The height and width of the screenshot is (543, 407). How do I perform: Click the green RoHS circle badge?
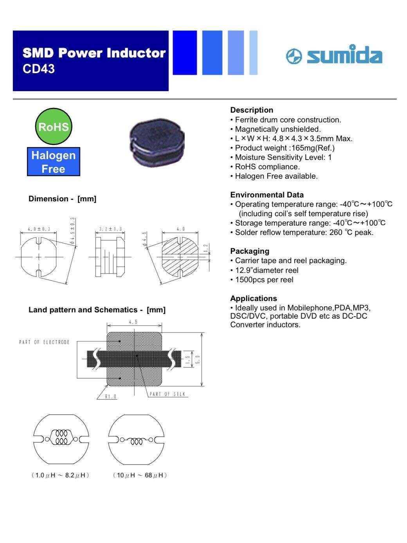(x=54, y=126)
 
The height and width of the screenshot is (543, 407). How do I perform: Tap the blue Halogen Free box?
(x=54, y=162)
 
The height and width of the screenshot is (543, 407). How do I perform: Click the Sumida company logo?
(x=334, y=55)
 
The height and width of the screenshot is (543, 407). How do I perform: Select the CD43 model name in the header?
(x=38, y=69)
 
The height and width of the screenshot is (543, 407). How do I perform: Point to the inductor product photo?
(x=157, y=142)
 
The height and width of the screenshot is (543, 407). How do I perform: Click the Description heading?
(x=252, y=110)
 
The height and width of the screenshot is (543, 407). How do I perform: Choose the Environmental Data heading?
(x=267, y=195)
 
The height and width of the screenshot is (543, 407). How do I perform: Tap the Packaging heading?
(x=250, y=251)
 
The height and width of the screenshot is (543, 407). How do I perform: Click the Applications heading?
(x=254, y=298)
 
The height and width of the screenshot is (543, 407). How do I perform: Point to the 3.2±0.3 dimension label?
(x=110, y=229)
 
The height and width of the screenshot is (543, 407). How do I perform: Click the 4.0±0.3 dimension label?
(x=39, y=229)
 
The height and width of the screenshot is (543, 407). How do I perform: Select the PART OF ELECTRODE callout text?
(x=44, y=342)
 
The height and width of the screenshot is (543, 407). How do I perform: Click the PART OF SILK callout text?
(x=167, y=394)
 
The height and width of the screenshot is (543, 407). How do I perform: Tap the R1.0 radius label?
(x=111, y=396)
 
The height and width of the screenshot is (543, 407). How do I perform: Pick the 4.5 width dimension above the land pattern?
(x=133, y=322)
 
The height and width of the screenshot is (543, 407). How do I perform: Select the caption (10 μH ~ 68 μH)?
(x=140, y=475)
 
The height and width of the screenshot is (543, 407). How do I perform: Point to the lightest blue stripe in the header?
(x=253, y=53)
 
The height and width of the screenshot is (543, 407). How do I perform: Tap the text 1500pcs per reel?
(x=264, y=280)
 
